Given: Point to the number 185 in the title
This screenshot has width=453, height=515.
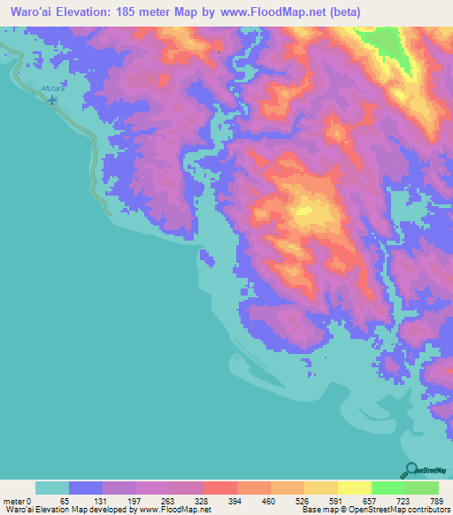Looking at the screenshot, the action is [x=145, y=11].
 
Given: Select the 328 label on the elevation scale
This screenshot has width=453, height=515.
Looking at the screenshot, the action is [x=202, y=500].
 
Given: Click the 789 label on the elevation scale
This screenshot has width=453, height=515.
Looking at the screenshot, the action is [x=436, y=500].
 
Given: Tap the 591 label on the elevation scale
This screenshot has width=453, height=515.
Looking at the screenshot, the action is [x=337, y=500].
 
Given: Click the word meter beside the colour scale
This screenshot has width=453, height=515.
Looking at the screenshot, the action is [x=14, y=500].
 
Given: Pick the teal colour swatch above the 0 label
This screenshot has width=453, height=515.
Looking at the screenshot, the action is [x=52, y=488].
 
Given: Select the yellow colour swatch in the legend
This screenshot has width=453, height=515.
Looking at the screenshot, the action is [x=354, y=488].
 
